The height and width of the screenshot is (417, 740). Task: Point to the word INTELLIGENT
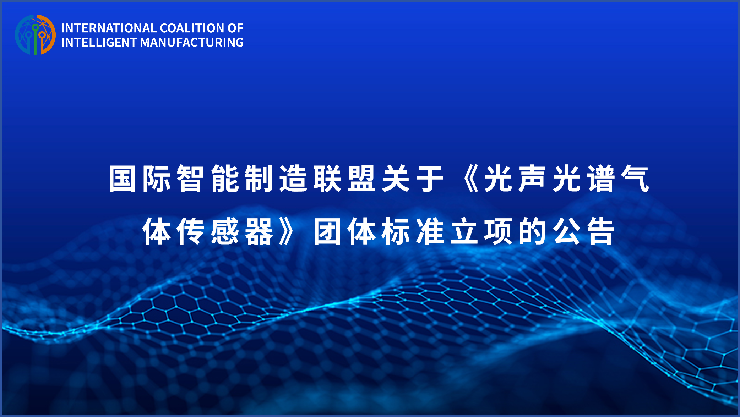99,43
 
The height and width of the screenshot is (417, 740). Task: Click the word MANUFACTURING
192,43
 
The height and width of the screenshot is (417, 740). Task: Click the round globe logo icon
35,35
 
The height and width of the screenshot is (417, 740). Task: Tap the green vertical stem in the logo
35,41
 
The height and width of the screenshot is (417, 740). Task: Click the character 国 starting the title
122,179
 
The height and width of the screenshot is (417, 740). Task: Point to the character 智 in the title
190,179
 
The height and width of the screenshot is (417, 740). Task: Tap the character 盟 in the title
361,179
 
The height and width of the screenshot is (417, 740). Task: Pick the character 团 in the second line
327,232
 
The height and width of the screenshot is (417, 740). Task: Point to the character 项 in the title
498,232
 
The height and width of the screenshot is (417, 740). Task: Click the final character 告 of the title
601,232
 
